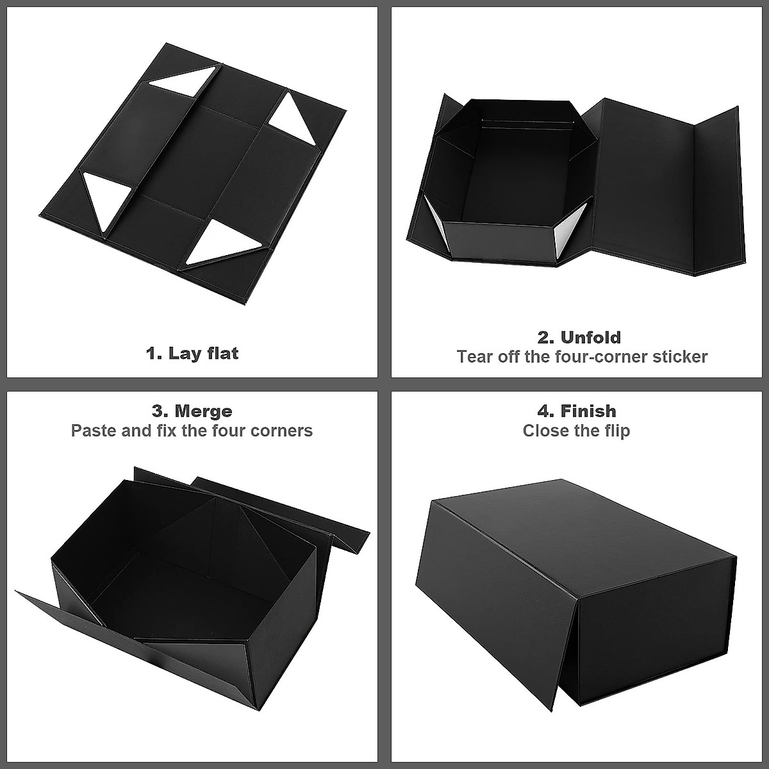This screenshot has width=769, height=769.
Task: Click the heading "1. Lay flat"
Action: tap(192, 353)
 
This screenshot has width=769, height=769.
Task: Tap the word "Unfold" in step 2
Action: tap(590, 337)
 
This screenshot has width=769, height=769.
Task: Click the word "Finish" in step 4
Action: tap(588, 411)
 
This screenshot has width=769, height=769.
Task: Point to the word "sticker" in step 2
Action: tap(680, 357)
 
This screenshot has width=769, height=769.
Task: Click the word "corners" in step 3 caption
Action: tap(281, 431)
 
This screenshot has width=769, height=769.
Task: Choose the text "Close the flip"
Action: tap(576, 431)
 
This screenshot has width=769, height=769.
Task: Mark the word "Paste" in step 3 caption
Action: tap(94, 431)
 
